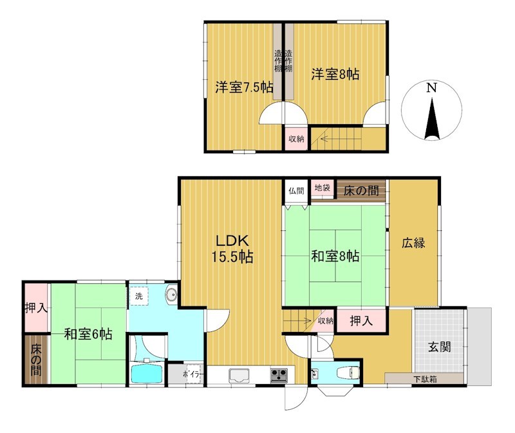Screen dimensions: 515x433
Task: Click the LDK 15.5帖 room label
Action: coord(232,249)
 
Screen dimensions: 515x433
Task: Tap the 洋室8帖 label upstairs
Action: coord(335,74)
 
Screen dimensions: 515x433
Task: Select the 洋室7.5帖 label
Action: coord(244,88)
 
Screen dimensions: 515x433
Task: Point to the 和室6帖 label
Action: coord(88,334)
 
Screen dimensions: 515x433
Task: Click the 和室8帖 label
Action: coord(335,256)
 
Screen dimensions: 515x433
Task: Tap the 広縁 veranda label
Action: coord(413,243)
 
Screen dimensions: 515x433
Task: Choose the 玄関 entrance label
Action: coord(440,347)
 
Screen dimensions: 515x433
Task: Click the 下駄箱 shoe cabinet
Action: coord(425,378)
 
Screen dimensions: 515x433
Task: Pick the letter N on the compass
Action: coord(431,88)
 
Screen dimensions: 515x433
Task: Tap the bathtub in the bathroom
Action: coord(147,373)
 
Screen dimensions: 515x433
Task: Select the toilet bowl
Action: coord(348,373)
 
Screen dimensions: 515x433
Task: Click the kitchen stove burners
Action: coord(279,375)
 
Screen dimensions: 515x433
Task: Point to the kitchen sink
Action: coord(239,375)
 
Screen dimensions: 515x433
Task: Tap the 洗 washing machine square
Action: coord(139,296)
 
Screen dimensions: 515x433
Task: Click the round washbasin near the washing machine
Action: coord(171,295)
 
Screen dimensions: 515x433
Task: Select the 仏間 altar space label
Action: coord(296,190)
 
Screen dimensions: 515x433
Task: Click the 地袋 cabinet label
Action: coord(323,188)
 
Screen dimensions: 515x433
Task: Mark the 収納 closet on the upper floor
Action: coord(296,138)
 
